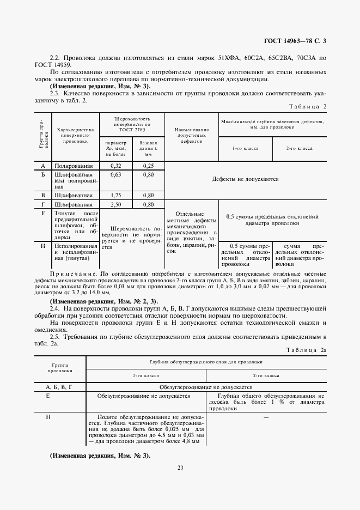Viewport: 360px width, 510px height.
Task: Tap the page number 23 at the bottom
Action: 180,466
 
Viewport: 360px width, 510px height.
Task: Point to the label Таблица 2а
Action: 307,350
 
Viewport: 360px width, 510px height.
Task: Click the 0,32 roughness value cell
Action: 115,165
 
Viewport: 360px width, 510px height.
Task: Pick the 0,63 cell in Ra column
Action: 115,175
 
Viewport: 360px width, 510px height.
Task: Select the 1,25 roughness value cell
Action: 115,195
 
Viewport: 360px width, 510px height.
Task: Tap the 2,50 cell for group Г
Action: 115,204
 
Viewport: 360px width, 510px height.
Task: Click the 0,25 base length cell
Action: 148,165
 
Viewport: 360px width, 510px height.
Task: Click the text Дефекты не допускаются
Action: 245,179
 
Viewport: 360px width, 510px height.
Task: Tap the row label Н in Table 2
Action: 42,246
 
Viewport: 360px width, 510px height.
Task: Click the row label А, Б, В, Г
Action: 59,386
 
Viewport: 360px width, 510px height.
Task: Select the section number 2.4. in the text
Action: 57,308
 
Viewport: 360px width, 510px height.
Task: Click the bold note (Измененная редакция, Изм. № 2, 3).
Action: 103,301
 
